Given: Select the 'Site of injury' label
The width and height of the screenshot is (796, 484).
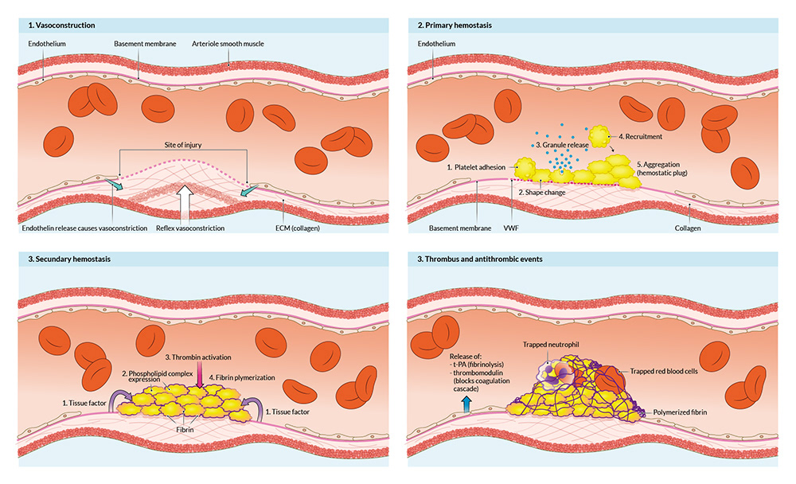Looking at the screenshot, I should point(182,145).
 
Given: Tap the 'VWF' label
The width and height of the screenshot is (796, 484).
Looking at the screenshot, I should point(518,228).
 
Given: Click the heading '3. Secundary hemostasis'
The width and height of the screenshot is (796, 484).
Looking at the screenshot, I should point(62,260).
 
